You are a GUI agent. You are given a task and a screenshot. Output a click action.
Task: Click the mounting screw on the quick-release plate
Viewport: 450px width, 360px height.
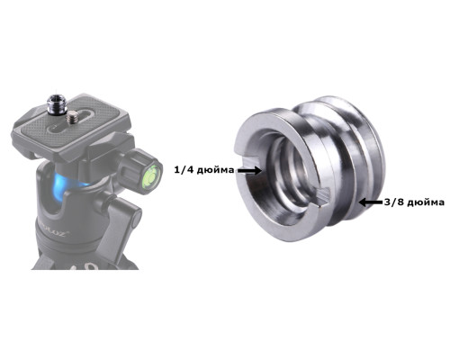click(x=72, y=116)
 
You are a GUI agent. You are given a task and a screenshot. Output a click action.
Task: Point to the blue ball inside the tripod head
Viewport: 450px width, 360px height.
click(x=64, y=188)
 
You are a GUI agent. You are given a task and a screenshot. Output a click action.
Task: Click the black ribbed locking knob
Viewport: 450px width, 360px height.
click(x=132, y=168)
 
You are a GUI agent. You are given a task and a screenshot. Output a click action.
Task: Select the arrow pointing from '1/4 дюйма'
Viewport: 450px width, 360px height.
click(x=249, y=171)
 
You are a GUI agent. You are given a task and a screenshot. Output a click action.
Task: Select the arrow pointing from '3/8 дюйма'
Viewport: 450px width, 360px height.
click(x=371, y=202)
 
